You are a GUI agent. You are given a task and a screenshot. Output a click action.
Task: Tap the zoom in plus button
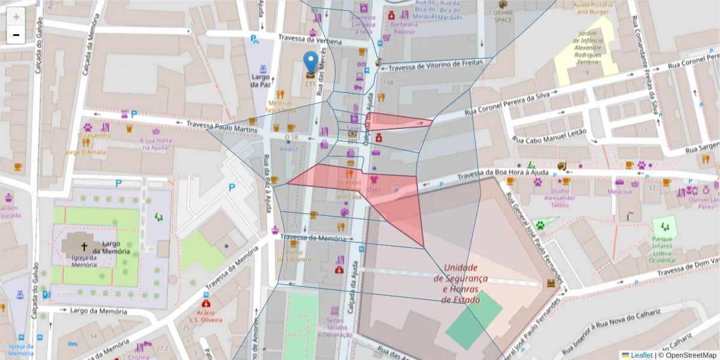click(x=16, y=17)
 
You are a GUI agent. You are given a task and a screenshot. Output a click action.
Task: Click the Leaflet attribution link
click(x=641, y=355)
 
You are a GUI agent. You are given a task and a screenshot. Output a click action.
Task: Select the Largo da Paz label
click(x=260, y=81)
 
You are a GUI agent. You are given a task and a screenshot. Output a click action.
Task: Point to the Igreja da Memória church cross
click(x=84, y=247)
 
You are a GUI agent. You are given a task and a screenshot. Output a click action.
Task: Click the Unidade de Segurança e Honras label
click(x=460, y=283)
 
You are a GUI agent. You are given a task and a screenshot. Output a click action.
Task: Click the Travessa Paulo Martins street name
click(x=221, y=127)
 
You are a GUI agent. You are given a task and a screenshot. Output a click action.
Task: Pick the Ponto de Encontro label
click(x=293, y=256)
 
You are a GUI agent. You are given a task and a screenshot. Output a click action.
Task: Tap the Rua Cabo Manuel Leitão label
click(x=548, y=136)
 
